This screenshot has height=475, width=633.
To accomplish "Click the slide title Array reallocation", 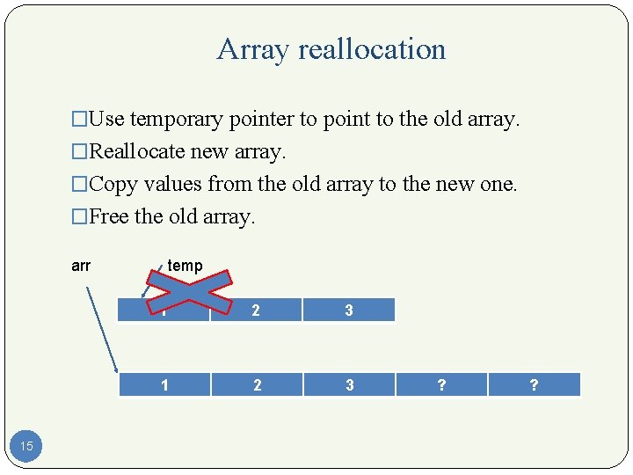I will coord(331,49).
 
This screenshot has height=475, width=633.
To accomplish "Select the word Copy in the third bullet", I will coord(109,185).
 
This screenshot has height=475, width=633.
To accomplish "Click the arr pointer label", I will coord(81,266).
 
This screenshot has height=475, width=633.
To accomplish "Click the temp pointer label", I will coord(185,266).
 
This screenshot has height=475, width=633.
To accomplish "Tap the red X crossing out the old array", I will coord(189,290).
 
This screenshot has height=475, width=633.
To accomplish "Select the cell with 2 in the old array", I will coord(256,310).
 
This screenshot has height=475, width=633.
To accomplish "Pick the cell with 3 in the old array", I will coord(349,310).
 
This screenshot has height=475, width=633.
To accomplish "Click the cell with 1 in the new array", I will coord(164,384).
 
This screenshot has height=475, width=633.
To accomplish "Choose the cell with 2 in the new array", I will coord(256,384).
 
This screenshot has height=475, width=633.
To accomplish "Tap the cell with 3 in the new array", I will coord(349,384).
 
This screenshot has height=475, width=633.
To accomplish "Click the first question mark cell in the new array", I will coord(441,384).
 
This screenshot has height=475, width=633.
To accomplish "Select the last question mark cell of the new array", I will coord(534,384).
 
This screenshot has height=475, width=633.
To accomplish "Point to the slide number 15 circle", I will coord(26,446).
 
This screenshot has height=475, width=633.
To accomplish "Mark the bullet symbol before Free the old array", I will coord(79,217).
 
